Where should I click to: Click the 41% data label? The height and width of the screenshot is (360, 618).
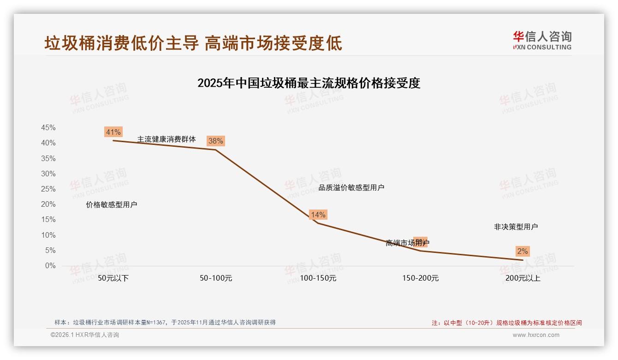(113, 132)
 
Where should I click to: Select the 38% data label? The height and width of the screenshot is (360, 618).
(215, 141)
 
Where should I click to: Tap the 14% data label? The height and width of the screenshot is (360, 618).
(318, 215)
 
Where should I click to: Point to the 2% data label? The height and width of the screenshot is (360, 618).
(522, 251)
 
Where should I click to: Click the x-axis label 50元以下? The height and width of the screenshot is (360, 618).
(113, 278)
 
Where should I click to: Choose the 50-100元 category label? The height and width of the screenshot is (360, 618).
(215, 278)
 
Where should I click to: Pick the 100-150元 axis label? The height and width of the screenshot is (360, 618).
(318, 278)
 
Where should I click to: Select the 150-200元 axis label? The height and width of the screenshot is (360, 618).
(420, 278)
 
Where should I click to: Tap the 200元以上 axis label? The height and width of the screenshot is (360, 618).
(523, 278)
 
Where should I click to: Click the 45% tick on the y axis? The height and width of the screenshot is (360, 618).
(48, 127)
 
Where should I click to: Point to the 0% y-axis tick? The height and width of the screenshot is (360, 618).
(50, 266)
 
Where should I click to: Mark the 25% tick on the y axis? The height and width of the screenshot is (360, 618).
(48, 189)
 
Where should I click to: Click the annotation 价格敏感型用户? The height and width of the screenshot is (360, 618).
(112, 204)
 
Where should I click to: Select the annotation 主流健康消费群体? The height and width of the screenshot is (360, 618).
(166, 139)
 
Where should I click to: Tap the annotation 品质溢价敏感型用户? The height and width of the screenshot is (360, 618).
(351, 187)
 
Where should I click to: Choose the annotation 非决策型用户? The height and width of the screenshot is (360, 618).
(516, 227)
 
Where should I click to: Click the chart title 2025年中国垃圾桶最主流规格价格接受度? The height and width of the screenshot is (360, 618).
(309, 83)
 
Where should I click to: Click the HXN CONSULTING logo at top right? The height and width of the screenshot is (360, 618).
(542, 41)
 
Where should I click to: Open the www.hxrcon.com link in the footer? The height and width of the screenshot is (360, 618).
(536, 335)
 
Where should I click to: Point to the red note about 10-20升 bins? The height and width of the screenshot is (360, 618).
(506, 323)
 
